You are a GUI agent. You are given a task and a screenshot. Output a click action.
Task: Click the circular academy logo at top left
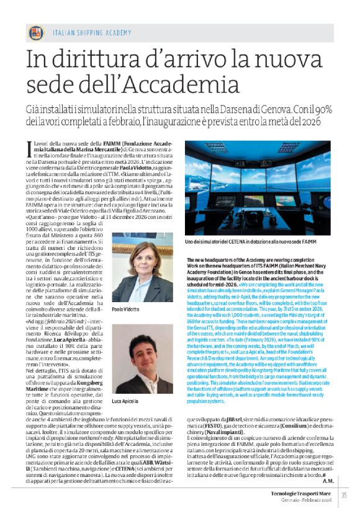coord(35,33)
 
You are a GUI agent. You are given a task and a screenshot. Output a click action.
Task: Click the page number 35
coord(343,494)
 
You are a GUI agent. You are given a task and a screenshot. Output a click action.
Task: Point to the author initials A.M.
coord(328,480)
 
